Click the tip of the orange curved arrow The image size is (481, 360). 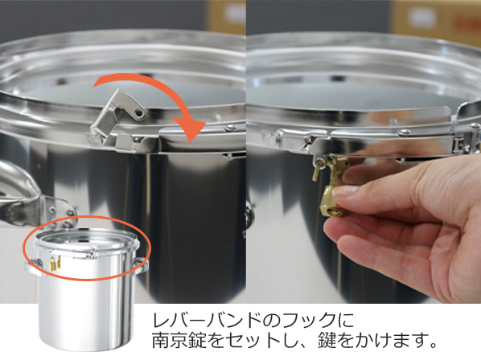pyautogui.click(x=191, y=141)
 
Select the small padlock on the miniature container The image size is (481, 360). pyautogui.click(x=53, y=264)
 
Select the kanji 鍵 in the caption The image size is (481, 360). pyautogui.click(x=327, y=340)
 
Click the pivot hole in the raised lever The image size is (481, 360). pyautogui.click(x=140, y=113)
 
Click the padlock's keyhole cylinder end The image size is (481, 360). pyautogui.click(x=334, y=211)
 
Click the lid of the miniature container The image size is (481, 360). pyautogui.click(x=87, y=241)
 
